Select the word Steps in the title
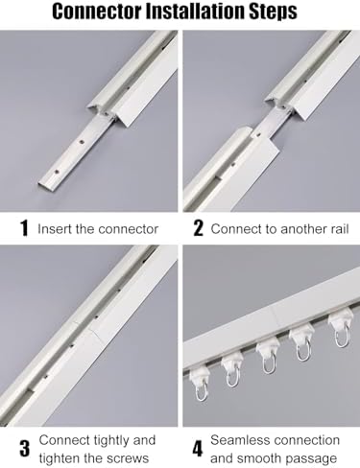click(x=282, y=12)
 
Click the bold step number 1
click(x=22, y=229)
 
